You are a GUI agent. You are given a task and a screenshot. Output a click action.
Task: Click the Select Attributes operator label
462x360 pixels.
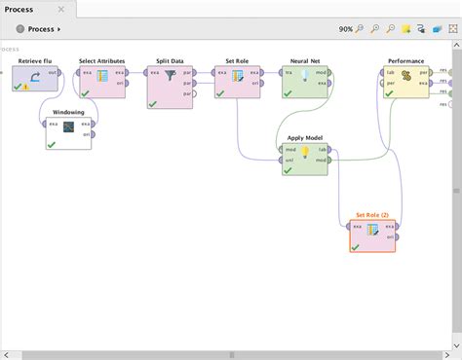click(102, 60)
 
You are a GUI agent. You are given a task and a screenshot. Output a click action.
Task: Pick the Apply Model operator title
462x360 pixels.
click(304, 138)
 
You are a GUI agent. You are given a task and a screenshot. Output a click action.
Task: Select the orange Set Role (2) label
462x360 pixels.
click(372, 215)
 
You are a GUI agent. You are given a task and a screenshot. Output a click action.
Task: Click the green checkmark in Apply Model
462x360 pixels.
click(289, 170)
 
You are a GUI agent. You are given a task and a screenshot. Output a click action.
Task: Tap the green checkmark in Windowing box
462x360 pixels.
click(51, 144)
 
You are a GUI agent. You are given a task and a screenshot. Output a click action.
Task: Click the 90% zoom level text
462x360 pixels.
click(346, 29)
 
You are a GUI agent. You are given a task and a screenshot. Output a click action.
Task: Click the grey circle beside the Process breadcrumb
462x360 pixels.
click(19, 29)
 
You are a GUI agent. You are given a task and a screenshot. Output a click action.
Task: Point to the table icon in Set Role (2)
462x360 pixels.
click(372, 232)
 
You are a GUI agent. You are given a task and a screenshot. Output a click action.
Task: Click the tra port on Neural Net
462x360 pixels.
click(287, 71)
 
